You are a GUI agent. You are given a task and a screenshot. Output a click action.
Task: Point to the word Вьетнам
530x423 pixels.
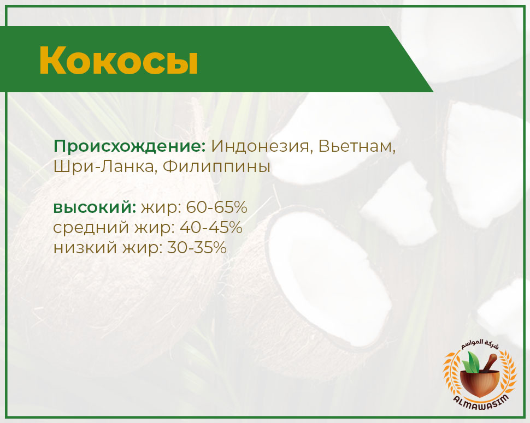point(357,147)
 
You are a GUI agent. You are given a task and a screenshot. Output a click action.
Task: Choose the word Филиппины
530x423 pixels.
point(217,167)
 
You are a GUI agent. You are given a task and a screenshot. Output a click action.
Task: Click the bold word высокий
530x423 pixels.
point(95,207)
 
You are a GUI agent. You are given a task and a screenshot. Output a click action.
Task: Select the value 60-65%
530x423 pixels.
point(217,207)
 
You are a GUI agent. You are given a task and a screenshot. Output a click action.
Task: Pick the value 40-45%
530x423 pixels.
point(211,228)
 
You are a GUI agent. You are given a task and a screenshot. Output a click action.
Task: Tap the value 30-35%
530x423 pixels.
point(197,248)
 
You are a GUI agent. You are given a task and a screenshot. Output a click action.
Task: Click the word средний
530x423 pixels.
point(91,228)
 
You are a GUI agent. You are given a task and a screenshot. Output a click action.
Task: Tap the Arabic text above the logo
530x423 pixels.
point(480,345)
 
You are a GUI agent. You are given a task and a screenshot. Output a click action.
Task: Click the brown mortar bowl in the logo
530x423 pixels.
point(480,383)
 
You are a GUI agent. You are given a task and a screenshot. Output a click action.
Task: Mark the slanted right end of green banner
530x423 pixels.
point(411,59)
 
